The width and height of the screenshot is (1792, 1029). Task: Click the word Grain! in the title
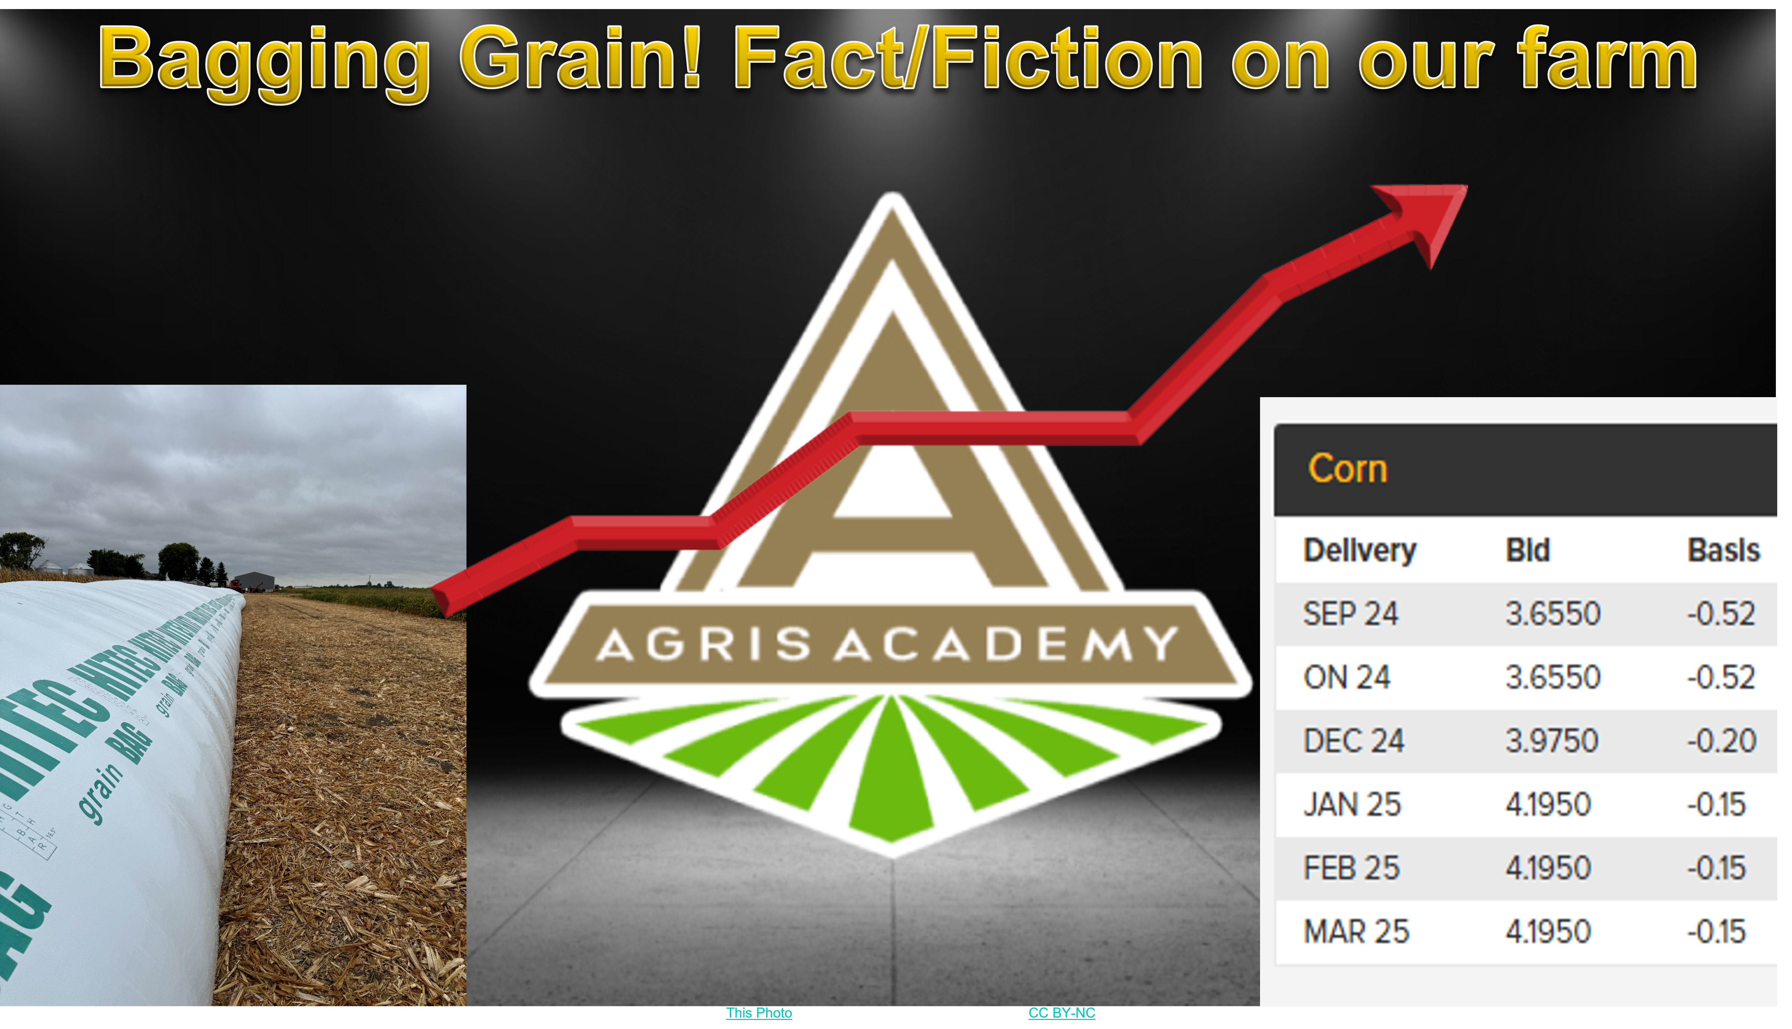(581, 60)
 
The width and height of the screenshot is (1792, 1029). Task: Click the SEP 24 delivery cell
(1350, 613)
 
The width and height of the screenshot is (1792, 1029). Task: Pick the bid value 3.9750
(1552, 741)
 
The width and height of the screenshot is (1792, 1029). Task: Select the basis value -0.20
(1721, 741)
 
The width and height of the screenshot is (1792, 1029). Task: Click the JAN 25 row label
(1352, 804)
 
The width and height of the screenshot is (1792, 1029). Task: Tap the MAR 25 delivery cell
(1356, 931)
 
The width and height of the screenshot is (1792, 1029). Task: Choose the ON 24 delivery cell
(1347, 677)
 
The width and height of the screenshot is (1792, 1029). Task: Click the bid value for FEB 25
(1548, 868)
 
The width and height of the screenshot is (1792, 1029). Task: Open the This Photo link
(759, 1013)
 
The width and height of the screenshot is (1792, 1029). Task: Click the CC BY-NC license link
(1061, 1013)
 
